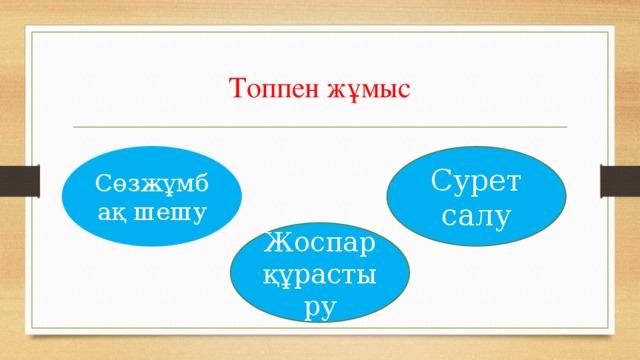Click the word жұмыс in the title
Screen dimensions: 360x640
click(x=372, y=89)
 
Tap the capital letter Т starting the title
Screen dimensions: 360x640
click(x=237, y=88)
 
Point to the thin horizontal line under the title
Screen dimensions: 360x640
click(x=320, y=128)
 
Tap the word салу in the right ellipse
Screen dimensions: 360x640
click(x=484, y=214)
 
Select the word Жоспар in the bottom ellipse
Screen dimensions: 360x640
click(x=319, y=243)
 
